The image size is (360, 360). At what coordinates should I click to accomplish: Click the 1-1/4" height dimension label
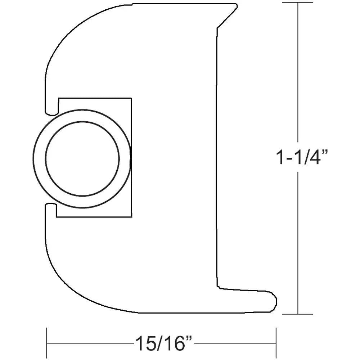click(302, 157)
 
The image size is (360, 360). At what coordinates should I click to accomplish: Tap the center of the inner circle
click(82, 158)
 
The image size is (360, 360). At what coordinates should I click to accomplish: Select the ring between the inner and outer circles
click(39, 158)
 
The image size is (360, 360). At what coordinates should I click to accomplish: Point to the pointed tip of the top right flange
click(236, 5)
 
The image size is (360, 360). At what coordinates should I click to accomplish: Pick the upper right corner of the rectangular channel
click(131, 98)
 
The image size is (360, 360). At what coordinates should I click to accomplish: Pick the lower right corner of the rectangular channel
click(131, 217)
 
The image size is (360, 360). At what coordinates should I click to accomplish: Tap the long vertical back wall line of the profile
click(217, 158)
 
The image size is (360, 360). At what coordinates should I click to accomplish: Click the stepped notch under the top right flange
click(217, 27)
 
